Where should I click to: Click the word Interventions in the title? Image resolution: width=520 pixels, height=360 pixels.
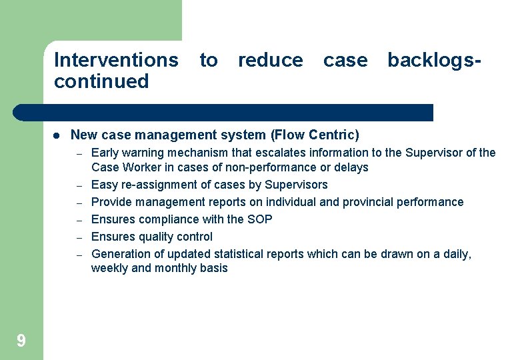click(116, 60)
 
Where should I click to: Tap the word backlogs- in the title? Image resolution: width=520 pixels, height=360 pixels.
click(434, 60)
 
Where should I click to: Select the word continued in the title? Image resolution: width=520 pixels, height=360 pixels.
click(101, 81)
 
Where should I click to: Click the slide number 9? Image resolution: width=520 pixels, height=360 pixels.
click(21, 341)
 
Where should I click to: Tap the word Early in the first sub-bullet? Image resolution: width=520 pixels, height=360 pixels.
click(105, 153)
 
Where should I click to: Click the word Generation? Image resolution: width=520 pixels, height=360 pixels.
click(119, 254)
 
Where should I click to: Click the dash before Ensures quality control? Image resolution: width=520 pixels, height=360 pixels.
click(78, 237)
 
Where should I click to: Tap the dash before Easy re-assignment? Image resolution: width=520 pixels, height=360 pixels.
click(78, 185)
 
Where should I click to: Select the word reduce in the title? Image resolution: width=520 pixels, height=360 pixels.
click(270, 60)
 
